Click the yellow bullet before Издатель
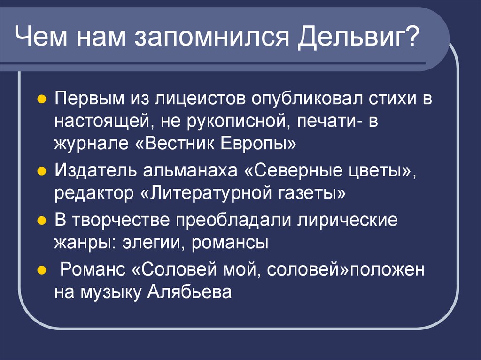click(41, 170)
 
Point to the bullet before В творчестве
click(41, 220)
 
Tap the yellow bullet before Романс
click(41, 270)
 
